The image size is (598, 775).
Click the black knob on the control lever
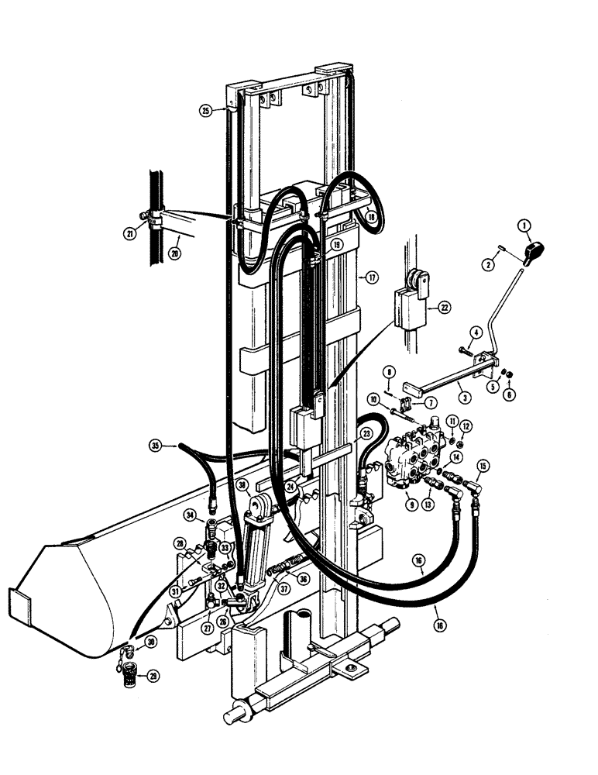[535, 252]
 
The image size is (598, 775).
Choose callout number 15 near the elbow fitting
[483, 467]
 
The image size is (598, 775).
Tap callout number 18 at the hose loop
[372, 218]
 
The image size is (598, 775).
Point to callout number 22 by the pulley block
[443, 307]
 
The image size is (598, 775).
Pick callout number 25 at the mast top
[205, 111]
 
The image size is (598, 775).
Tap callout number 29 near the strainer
[153, 677]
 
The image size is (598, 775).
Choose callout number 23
[366, 435]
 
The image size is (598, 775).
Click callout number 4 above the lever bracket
[476, 332]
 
